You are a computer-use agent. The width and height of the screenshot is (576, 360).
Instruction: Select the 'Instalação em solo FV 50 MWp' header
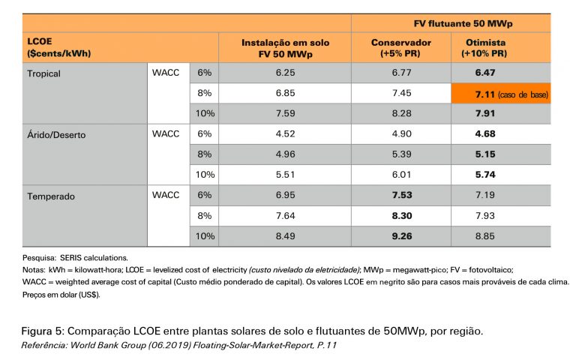click(x=285, y=49)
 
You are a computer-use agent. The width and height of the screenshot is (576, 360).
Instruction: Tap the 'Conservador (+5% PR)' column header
click(x=400, y=49)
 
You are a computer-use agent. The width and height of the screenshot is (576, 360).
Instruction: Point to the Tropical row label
click(x=43, y=73)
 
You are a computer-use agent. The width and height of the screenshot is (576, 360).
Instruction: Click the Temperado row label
click(x=51, y=196)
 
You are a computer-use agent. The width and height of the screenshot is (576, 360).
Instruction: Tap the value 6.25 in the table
click(x=285, y=73)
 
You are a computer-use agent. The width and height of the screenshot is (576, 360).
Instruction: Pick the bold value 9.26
click(x=400, y=237)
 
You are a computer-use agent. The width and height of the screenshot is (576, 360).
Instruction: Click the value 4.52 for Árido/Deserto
click(x=285, y=135)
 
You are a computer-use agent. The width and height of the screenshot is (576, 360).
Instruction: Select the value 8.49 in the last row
click(x=285, y=237)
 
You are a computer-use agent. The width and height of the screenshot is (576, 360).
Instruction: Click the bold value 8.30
click(x=400, y=217)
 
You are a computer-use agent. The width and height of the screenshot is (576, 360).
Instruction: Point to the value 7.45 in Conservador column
click(x=400, y=94)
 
